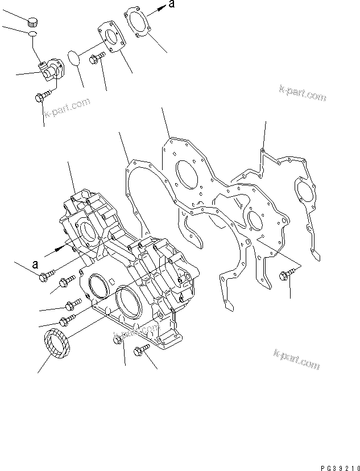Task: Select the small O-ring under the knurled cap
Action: pos(32,36)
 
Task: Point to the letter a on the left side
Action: pos(35,264)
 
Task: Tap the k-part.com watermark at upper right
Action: pos(303,93)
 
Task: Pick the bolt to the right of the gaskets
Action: pos(287,275)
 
